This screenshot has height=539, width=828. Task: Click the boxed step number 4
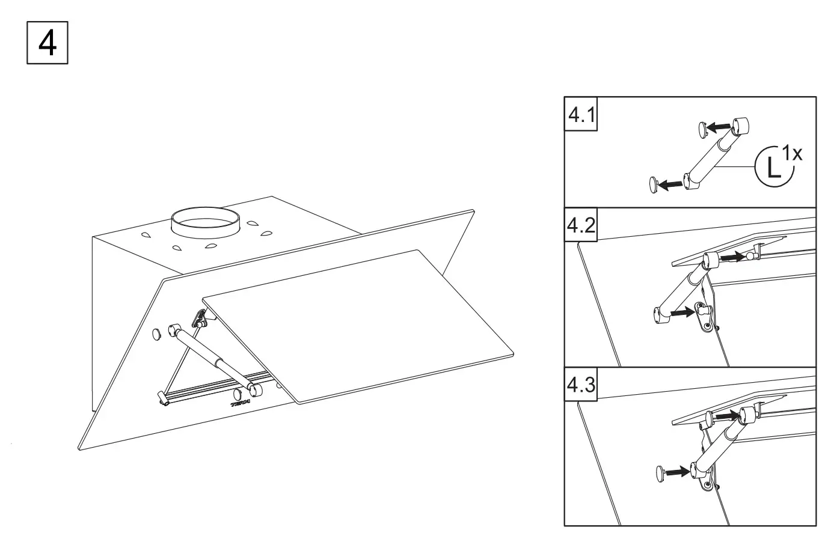tap(48, 43)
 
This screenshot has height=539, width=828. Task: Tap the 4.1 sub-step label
tap(581, 114)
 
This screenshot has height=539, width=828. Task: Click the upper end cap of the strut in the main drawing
tap(175, 329)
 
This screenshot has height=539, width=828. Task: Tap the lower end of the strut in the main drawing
tap(256, 389)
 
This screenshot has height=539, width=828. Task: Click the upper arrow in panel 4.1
tap(719, 127)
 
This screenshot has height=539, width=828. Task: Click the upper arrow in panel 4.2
tap(732, 257)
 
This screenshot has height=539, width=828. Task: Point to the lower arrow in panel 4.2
tap(682, 312)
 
